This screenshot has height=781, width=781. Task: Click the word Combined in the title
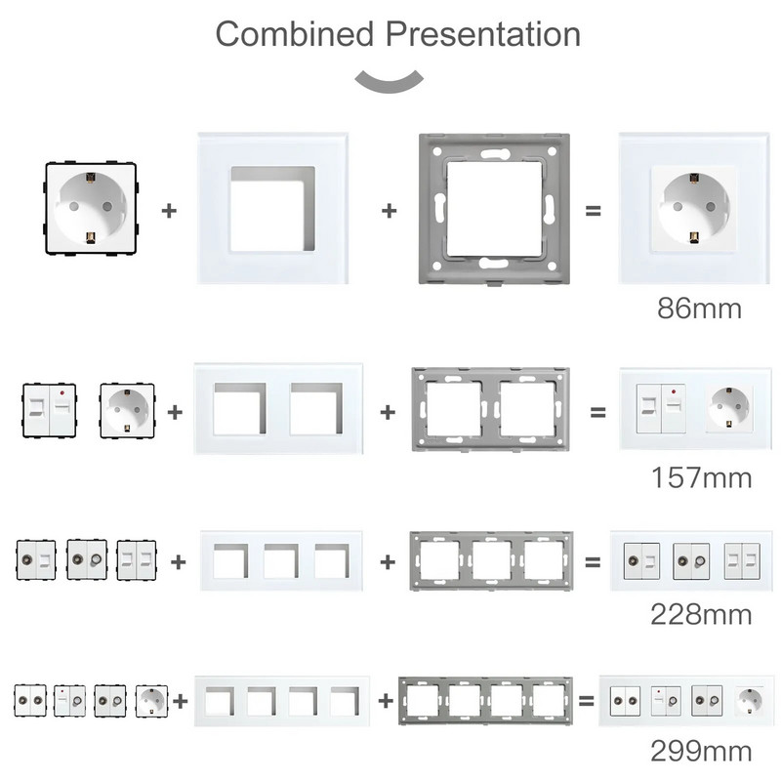(x=294, y=34)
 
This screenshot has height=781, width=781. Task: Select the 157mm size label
(x=701, y=478)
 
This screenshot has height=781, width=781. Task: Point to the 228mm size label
(x=701, y=615)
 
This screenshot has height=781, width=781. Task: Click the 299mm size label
(x=701, y=752)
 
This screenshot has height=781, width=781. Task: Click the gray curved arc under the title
(x=390, y=82)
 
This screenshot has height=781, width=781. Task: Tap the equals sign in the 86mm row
(x=593, y=210)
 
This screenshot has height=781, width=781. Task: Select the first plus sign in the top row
(x=170, y=210)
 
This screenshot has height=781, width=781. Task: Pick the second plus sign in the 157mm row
(x=388, y=412)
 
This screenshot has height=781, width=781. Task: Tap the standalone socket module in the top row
(x=90, y=209)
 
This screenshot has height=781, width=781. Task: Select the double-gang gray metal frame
(x=488, y=409)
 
